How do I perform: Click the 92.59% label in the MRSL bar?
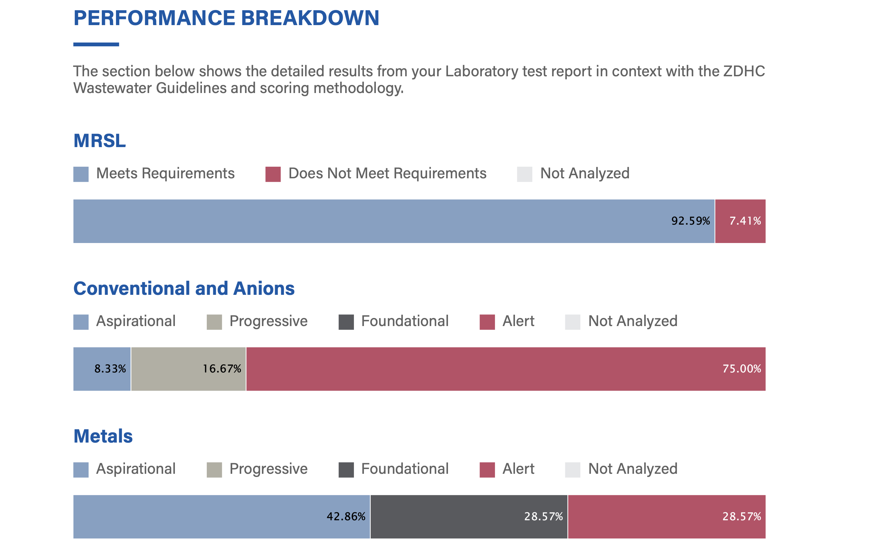tap(690, 221)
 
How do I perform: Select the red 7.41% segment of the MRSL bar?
tap(740, 221)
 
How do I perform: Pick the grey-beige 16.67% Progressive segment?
tap(188, 369)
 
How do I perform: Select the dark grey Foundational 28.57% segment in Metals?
tap(469, 517)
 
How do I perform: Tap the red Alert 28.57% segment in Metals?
tap(666, 517)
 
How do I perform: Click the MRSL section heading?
tap(100, 141)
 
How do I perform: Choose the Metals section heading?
tap(103, 436)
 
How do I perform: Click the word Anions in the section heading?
tap(264, 288)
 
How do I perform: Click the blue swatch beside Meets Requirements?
tap(81, 174)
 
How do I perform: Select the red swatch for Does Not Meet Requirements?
tap(273, 174)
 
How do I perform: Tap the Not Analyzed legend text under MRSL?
tap(585, 173)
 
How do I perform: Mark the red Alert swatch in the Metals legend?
tap(487, 470)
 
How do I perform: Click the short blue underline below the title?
tap(96, 44)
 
